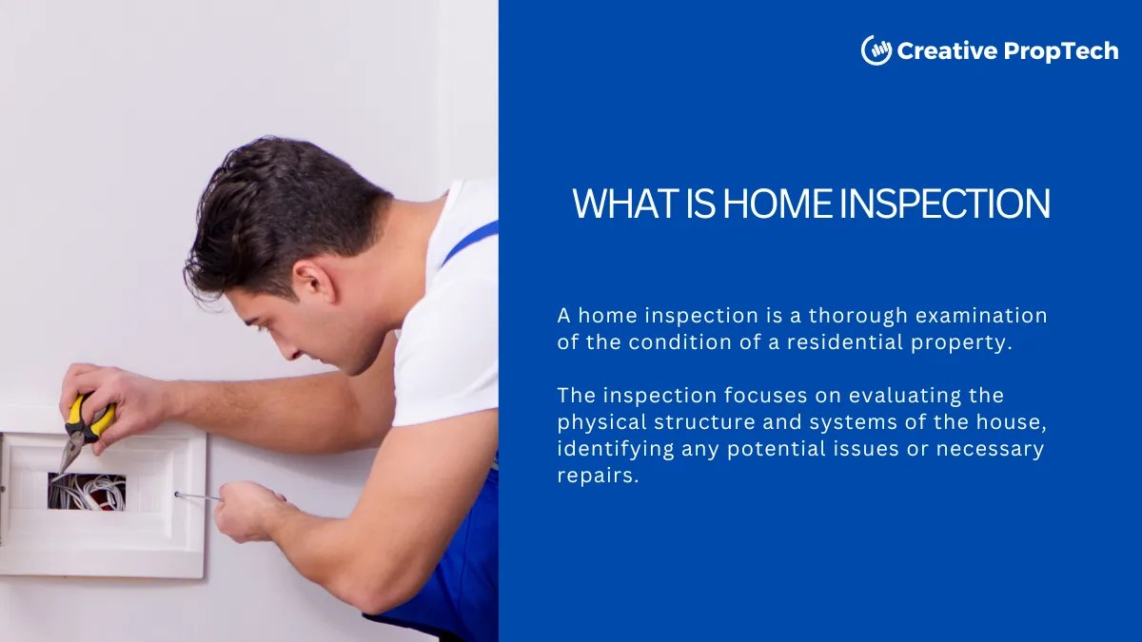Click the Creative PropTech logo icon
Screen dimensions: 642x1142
(x=876, y=50)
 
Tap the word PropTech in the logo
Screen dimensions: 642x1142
(x=1062, y=51)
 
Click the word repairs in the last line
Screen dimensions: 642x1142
(x=595, y=476)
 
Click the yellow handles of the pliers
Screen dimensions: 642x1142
(x=92, y=417)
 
